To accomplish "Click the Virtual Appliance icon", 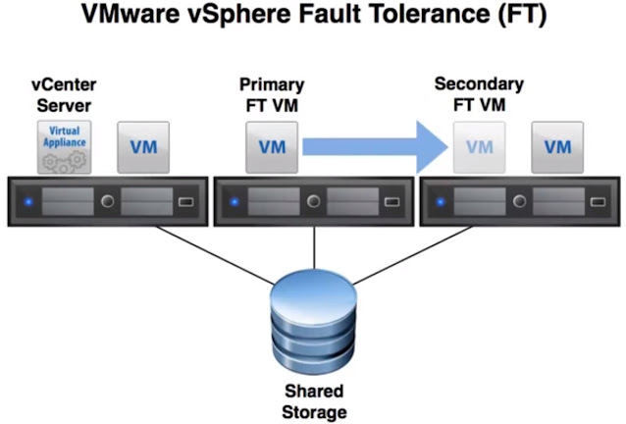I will [x=64, y=146].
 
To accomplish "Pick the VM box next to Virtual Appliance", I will [x=143, y=147].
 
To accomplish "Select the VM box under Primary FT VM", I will [x=271, y=147].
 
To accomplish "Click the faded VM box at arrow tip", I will [x=479, y=147].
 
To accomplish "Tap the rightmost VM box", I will [x=557, y=147].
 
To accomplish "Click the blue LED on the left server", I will [x=29, y=203].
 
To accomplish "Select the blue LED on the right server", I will [x=440, y=203].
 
